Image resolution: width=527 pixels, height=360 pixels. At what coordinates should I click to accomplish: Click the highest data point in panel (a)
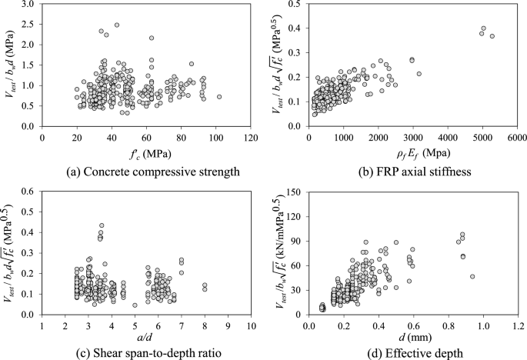(117, 25)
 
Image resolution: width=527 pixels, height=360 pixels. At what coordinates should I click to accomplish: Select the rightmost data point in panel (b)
(492, 36)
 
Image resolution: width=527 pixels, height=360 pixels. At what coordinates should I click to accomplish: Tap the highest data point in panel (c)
(102, 225)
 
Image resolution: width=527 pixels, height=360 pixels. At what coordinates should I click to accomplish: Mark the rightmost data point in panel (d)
(472, 276)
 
